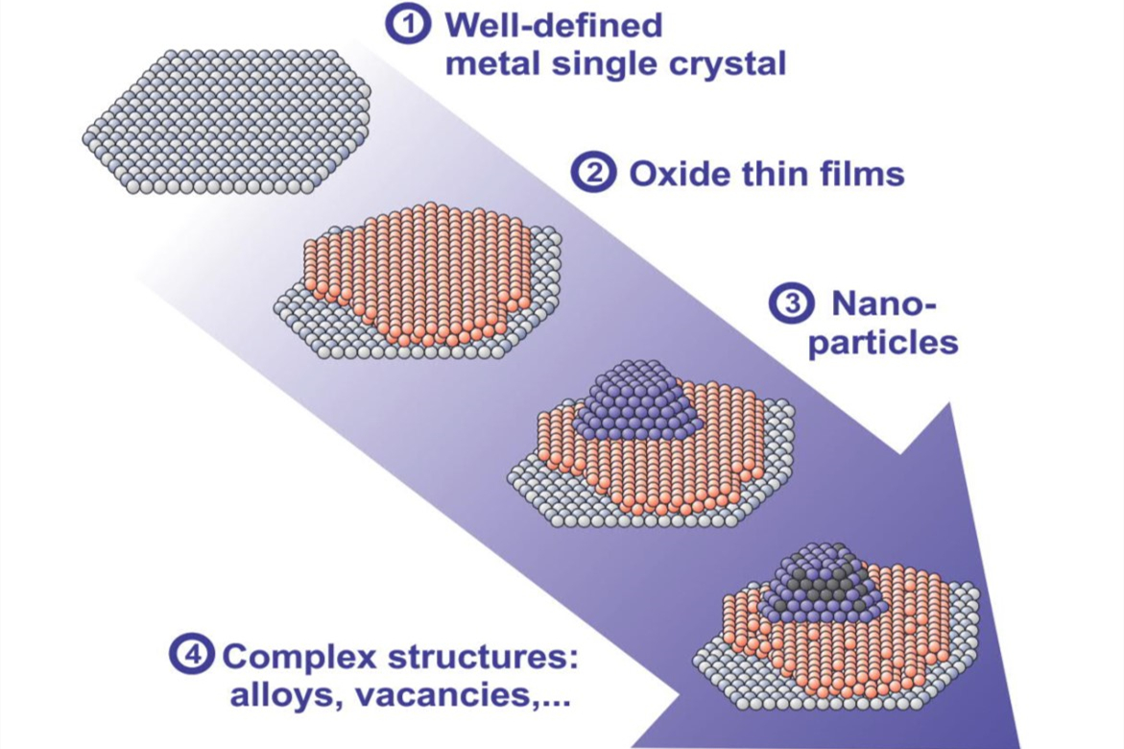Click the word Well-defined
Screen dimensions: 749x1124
(553, 25)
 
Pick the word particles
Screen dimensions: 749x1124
(883, 342)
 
